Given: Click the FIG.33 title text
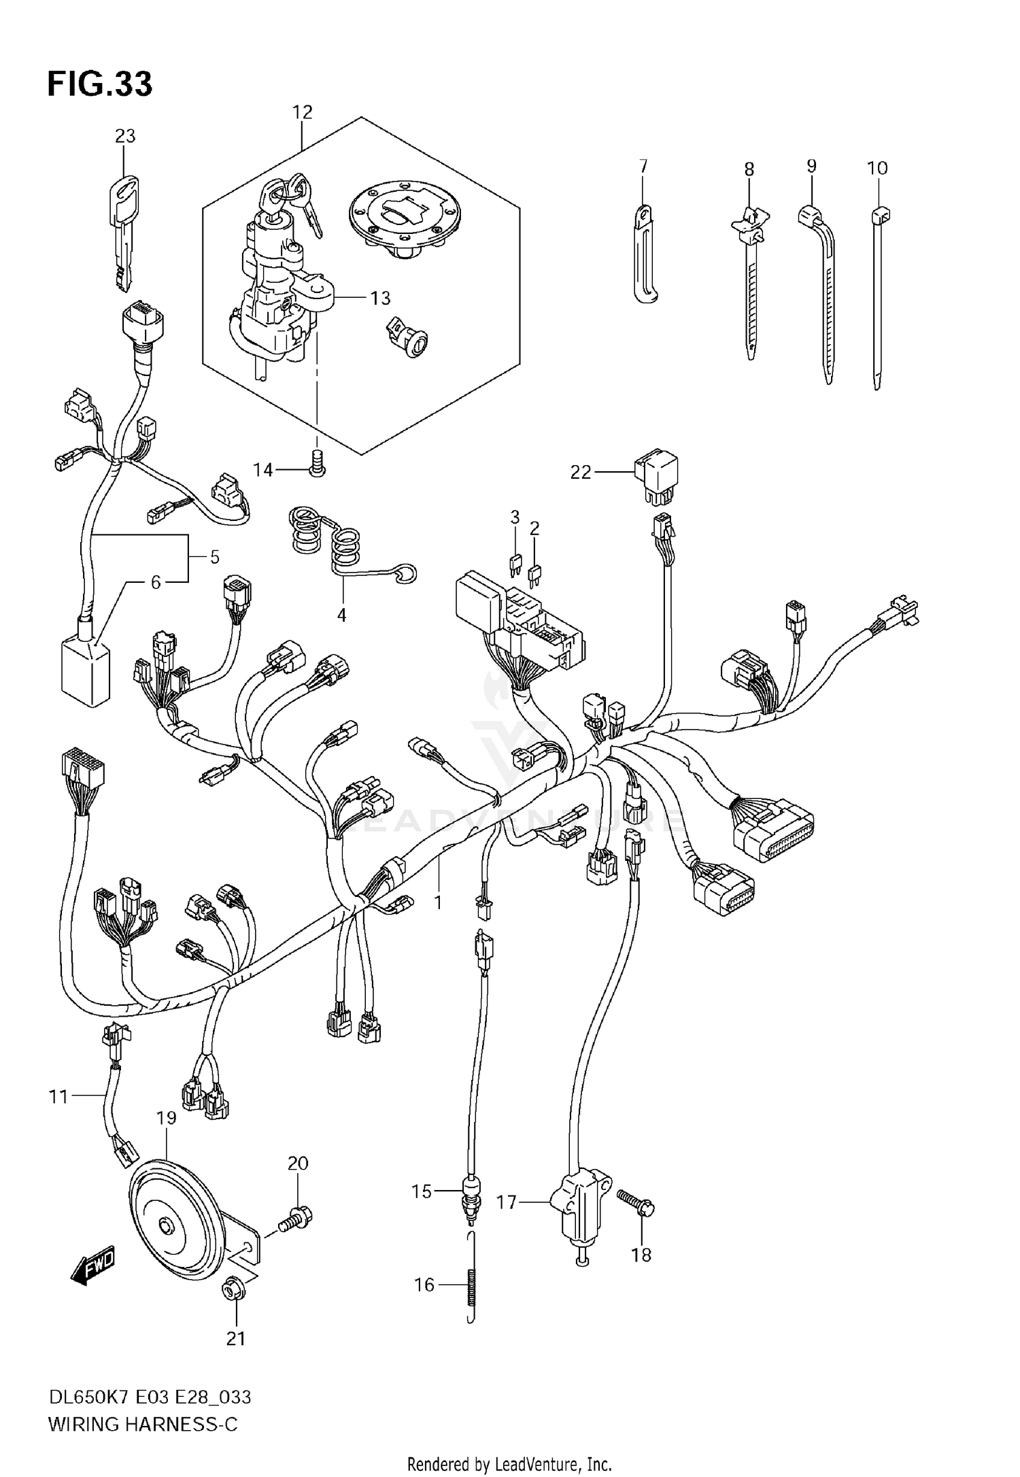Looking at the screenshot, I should click(100, 84).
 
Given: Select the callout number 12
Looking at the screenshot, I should click(302, 112).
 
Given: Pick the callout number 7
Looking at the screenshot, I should click(643, 167).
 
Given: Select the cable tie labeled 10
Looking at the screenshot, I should click(877, 299).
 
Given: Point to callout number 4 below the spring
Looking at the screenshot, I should click(341, 615).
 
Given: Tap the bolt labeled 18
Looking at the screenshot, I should click(636, 1207).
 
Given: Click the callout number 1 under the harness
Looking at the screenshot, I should click(439, 903).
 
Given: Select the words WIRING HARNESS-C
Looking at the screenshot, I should click(143, 1423).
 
